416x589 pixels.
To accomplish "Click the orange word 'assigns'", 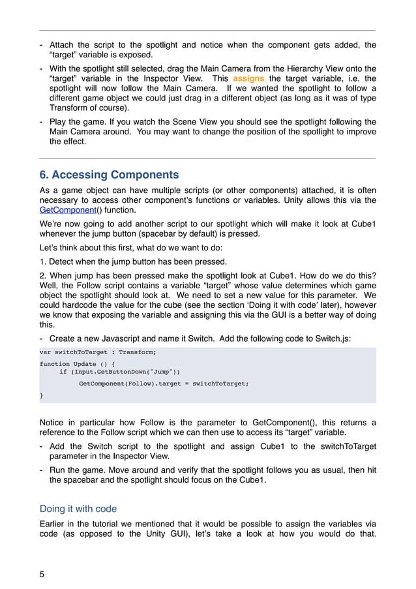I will click(x=249, y=78).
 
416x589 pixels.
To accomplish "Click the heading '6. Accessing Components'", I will click(x=109, y=175).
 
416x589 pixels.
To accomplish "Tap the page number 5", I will click(x=42, y=575).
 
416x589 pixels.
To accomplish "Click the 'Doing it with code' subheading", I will click(x=78, y=508).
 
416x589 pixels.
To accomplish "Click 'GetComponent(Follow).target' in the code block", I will click(x=130, y=384).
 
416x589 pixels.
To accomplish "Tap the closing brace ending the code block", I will click(x=42, y=395).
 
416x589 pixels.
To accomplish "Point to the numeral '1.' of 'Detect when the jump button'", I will click(x=43, y=262).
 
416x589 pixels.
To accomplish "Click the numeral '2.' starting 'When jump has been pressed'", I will click(x=43, y=275).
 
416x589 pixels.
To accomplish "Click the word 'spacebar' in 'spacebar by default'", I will click(x=181, y=234).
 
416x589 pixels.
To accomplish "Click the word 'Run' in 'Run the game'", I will click(x=57, y=470).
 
